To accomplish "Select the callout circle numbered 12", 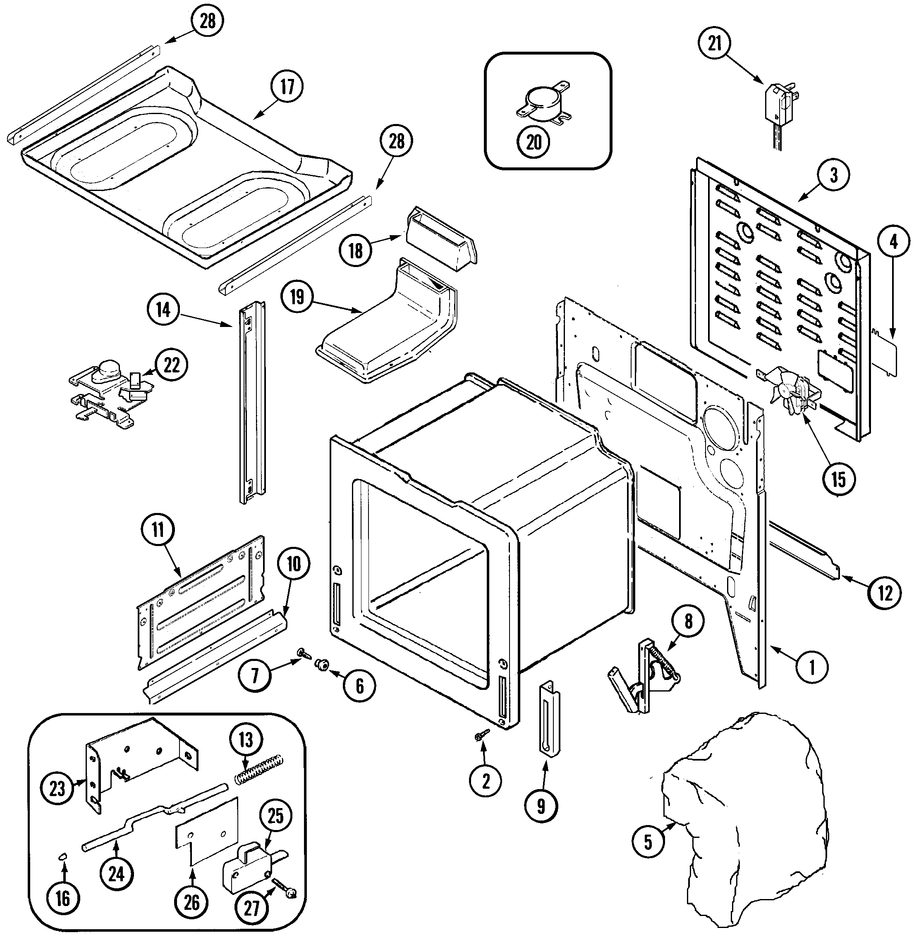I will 885,594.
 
